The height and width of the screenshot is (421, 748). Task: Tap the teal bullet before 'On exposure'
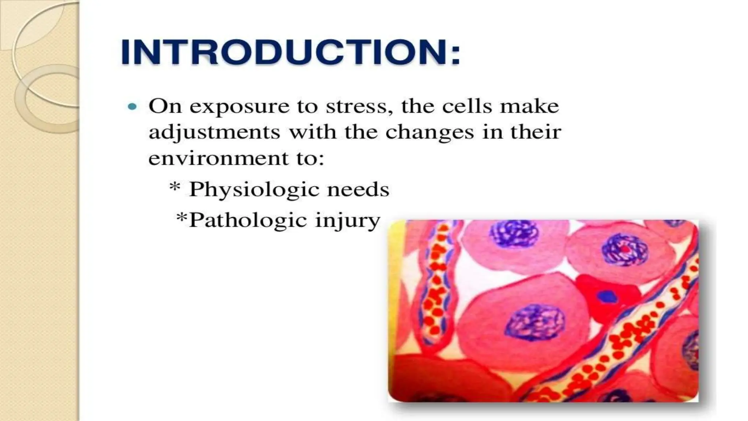133,107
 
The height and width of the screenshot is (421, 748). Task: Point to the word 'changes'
430,132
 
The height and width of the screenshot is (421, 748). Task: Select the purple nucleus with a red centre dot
625,250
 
